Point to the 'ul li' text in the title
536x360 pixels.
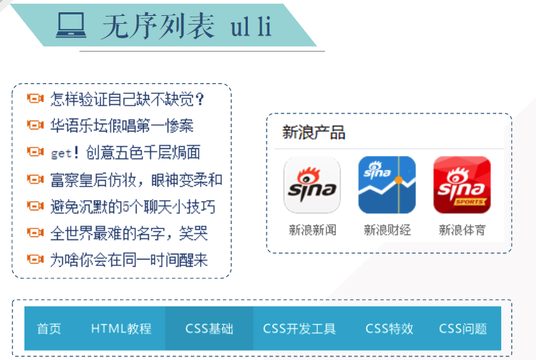click(251, 26)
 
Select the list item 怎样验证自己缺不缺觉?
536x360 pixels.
click(127, 99)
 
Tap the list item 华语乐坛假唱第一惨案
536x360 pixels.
click(121, 126)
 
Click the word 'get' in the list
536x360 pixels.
click(61, 153)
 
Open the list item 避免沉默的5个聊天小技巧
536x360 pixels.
click(132, 207)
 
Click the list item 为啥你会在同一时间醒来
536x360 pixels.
click(129, 260)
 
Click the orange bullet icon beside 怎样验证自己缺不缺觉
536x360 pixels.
click(35, 99)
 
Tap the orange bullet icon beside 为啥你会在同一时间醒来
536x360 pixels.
click(35, 260)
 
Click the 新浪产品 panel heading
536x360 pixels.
click(314, 133)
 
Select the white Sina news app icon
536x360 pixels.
click(312, 185)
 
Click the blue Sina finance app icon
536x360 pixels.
click(387, 185)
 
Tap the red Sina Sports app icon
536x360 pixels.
click(462, 185)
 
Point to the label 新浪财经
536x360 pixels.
click(387, 231)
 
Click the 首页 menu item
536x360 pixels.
click(49, 329)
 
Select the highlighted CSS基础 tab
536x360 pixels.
click(209, 329)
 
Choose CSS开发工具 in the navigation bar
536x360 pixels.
click(299, 329)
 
